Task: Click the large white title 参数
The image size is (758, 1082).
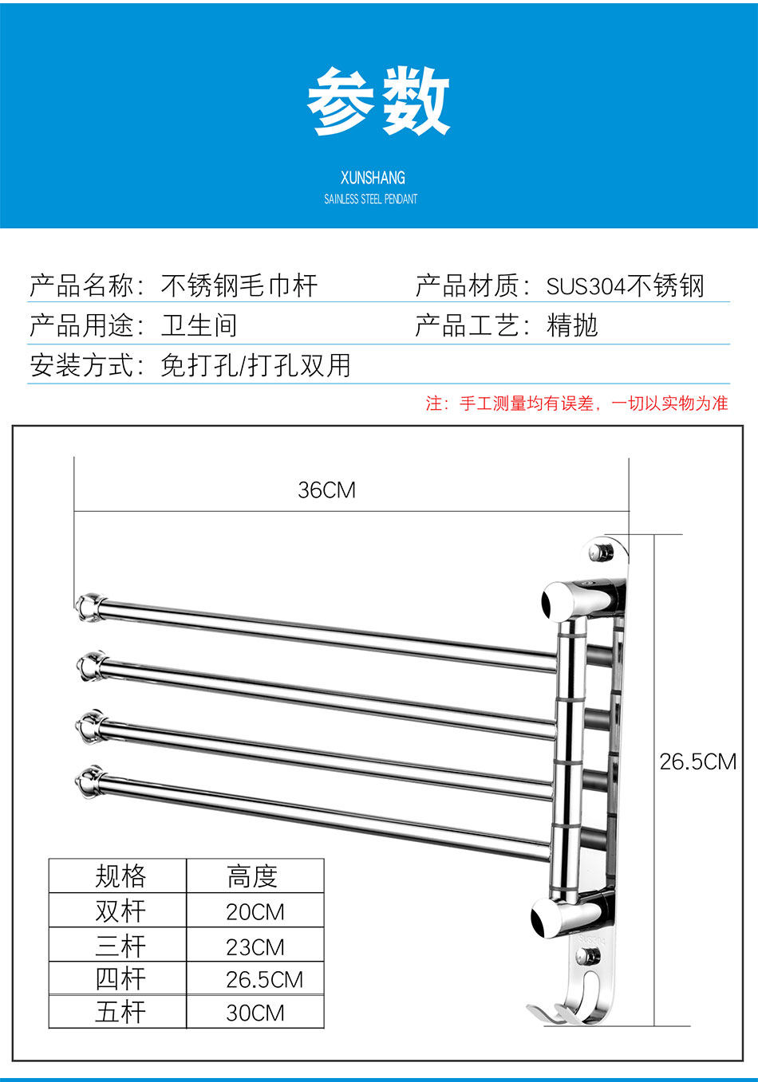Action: coord(378,101)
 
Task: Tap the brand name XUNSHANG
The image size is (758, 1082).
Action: coord(373,178)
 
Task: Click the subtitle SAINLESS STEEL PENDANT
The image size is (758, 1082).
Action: coord(370,199)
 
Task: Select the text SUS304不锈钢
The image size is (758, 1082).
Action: coord(625,286)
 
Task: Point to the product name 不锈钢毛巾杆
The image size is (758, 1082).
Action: coord(239,285)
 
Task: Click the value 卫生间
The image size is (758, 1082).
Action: coord(199,325)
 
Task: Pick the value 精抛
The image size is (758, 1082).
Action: coord(572,325)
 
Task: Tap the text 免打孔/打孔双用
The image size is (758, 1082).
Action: coord(255,365)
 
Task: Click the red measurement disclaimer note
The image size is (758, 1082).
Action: coord(576,403)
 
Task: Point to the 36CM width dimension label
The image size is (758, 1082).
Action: coord(326,490)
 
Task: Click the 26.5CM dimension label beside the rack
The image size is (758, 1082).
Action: coord(697,761)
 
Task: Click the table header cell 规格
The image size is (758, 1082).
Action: coord(120,876)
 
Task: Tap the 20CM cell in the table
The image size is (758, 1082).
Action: coord(255,911)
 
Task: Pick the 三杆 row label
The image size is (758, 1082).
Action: coord(120,946)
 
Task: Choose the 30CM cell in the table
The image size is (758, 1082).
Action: coord(255,1013)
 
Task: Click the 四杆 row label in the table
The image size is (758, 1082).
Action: coord(120,978)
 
